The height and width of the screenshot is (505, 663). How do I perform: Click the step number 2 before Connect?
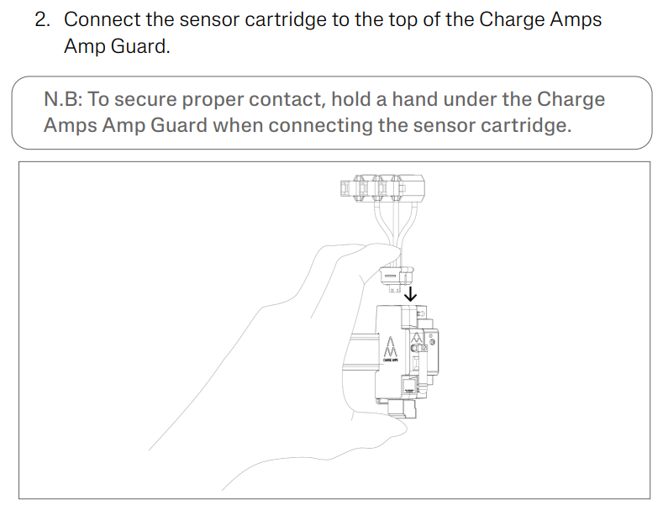(x=42, y=20)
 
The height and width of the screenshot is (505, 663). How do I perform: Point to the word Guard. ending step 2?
(x=140, y=46)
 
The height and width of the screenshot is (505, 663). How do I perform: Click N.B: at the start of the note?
(x=63, y=99)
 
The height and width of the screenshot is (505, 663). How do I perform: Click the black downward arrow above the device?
(x=410, y=294)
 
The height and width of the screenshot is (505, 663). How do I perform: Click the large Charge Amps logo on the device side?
(x=390, y=347)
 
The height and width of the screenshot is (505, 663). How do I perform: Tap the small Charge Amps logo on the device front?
(x=417, y=337)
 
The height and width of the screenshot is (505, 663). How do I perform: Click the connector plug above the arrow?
(x=396, y=279)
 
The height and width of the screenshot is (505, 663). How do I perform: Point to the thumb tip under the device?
(x=401, y=427)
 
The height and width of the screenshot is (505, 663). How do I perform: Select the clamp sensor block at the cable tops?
(x=381, y=188)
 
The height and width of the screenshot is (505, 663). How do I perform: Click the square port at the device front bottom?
(x=409, y=386)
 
